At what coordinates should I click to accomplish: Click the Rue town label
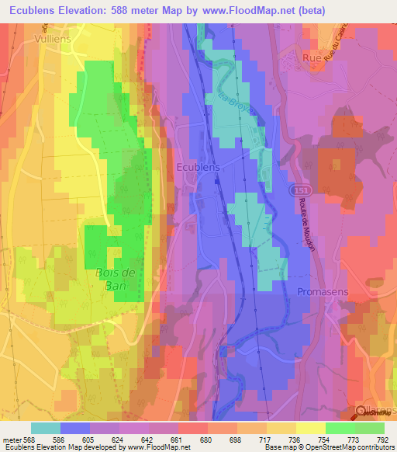pos(312,57)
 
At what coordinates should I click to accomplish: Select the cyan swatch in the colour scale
pos(46,428)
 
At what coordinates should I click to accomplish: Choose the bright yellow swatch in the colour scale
pos(310,428)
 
